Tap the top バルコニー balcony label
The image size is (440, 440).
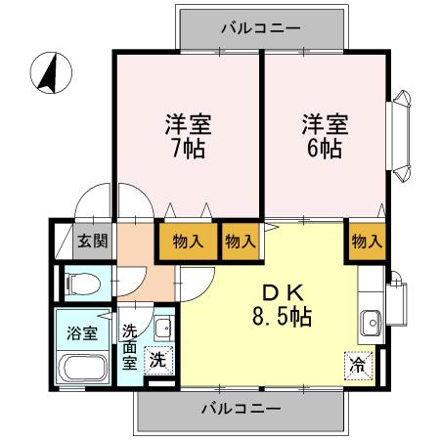click(x=259, y=28)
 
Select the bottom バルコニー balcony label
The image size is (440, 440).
click(x=242, y=407)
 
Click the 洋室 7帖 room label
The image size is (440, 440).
click(x=185, y=137)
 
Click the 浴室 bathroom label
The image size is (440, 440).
click(x=81, y=332)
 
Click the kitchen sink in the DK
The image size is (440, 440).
click(x=371, y=320)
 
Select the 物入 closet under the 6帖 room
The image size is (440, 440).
click(x=365, y=240)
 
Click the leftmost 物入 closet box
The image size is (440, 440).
click(x=188, y=241)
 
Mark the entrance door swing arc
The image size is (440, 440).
click(x=98, y=200)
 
